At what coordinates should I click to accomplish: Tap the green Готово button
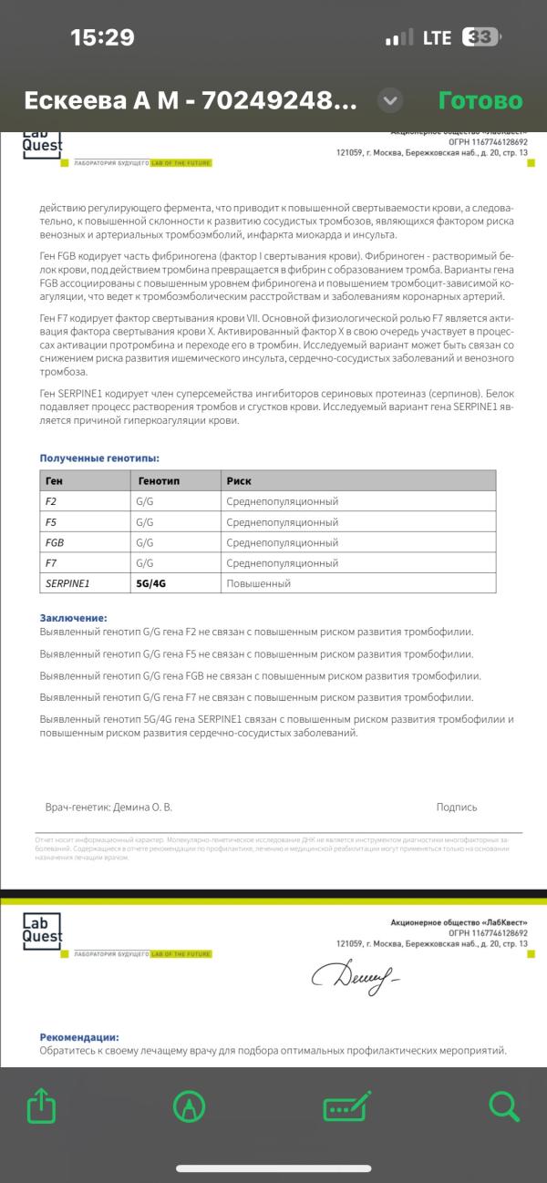[480, 100]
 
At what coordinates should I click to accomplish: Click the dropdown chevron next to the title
[390, 100]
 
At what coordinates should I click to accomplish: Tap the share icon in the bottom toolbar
[42, 1106]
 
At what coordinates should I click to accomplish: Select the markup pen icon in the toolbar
[189, 1106]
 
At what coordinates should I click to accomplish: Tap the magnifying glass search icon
[503, 1106]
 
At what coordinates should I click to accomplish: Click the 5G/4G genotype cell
[151, 583]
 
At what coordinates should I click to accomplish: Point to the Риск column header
[240, 480]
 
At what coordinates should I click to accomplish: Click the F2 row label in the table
[51, 501]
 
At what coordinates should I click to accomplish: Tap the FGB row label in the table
[55, 542]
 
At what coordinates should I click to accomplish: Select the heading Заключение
[73, 618]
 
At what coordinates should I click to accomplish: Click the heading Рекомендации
[79, 1037]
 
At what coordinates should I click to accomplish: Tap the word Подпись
[456, 807]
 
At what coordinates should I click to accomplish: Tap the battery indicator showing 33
[480, 37]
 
